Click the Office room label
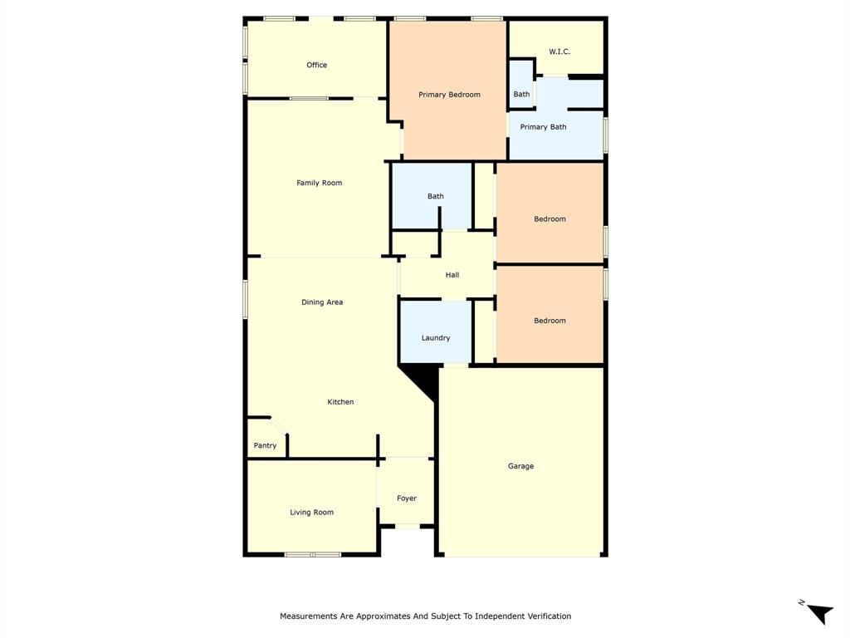click(x=316, y=65)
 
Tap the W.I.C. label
click(x=559, y=52)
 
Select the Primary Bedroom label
click(x=449, y=95)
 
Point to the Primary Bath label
click(x=543, y=127)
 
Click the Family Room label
click(x=319, y=183)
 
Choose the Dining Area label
click(x=322, y=302)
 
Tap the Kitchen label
click(x=340, y=402)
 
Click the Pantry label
click(x=265, y=446)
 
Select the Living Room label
click(x=311, y=513)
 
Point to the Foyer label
click(x=407, y=498)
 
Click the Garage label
click(x=520, y=466)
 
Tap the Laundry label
click(x=436, y=338)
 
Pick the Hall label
click(x=452, y=275)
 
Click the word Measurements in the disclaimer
click(x=309, y=616)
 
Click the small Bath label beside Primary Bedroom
click(x=521, y=95)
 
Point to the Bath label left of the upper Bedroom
click(x=436, y=197)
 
